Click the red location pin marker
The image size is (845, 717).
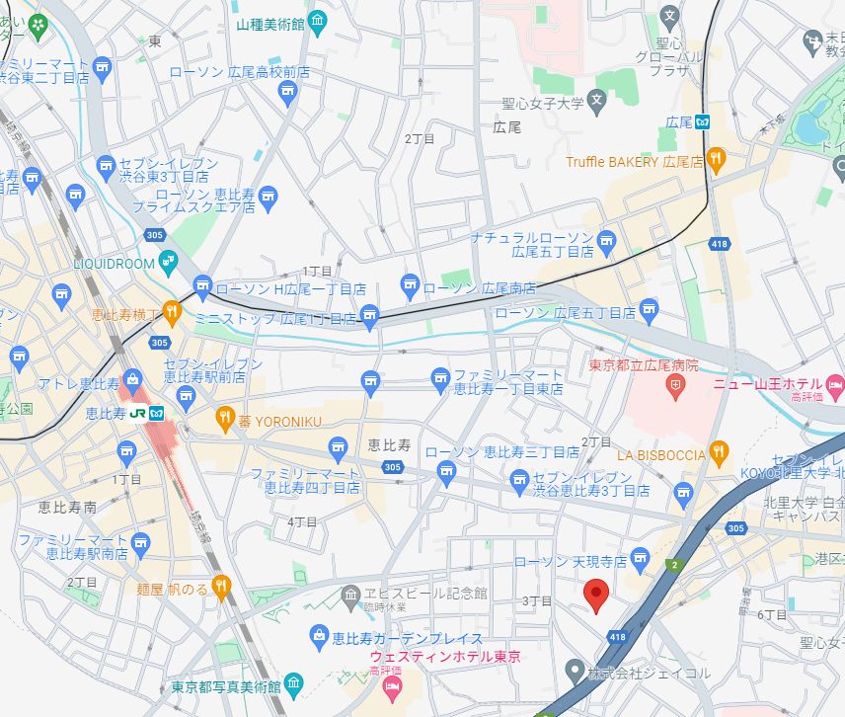595,596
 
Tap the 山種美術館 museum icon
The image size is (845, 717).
317,20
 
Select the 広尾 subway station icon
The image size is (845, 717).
702,122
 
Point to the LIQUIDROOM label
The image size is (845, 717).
115,265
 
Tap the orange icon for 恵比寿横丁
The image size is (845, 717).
173,312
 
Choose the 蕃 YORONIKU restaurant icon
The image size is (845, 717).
224,419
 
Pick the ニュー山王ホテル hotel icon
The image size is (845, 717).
835,382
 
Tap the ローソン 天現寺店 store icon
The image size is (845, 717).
641,561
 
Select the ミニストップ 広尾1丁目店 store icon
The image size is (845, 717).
369,318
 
